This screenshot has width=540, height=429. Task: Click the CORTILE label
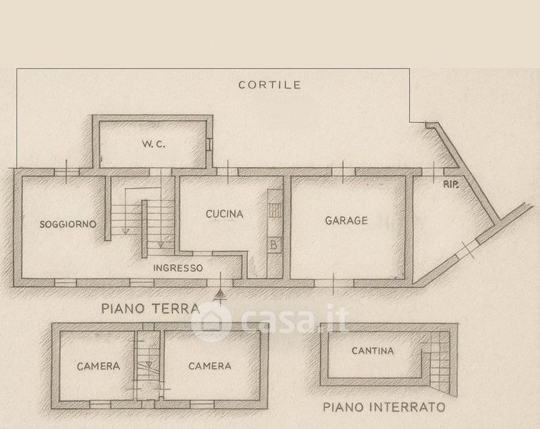coord(270,84)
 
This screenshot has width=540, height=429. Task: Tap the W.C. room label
coord(154,144)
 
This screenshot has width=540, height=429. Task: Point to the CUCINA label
coord(224,214)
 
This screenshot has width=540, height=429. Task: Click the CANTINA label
coord(373,351)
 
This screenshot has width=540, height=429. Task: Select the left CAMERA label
coord(98,366)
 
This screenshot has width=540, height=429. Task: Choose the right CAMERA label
coord(209,366)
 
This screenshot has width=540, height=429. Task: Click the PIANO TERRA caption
coord(149,309)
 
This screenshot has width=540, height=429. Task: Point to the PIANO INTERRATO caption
coord(384,408)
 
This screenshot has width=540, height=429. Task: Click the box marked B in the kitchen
coord(274,245)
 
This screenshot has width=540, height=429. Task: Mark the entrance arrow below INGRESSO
coord(221,292)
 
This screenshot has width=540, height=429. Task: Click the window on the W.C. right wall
coord(209,143)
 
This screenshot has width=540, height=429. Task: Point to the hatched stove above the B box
coord(274,209)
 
